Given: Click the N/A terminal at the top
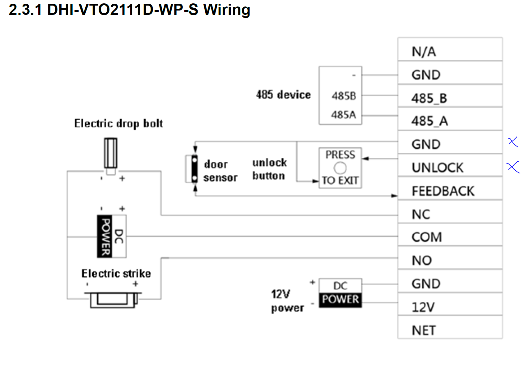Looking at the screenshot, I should (424, 51).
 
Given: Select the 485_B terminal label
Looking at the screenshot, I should (429, 98).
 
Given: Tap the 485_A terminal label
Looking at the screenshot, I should (430, 121).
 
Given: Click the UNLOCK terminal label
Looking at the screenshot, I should (438, 168).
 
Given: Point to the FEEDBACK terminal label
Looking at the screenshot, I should (443, 191).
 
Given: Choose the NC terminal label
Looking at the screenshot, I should (421, 214).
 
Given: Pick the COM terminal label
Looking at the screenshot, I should (427, 237).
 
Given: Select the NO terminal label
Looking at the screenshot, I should (422, 260).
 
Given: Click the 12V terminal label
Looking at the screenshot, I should (423, 307).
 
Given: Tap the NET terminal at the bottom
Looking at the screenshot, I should (424, 330).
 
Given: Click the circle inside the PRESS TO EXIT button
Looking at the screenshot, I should (340, 168).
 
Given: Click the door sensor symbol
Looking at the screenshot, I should (194, 169).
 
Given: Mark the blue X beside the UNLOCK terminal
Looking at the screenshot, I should (513, 167).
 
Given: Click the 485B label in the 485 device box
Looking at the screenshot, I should (344, 96).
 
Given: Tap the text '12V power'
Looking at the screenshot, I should (287, 300).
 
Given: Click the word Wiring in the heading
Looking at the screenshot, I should (227, 10).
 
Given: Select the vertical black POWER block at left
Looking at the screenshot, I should (105, 236).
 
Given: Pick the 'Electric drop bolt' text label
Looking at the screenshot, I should (118, 123).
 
